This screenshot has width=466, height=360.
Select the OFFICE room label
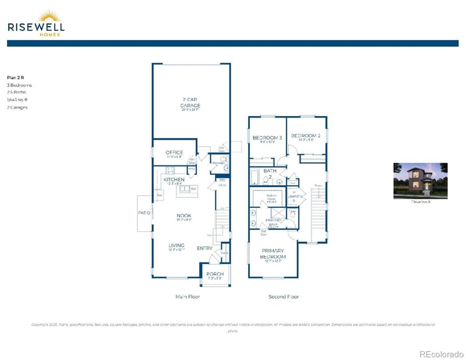pos(174,153)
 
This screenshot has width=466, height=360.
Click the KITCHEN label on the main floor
pos(174,180)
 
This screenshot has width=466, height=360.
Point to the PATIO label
pos(144,213)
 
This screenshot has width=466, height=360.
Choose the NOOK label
pos(184,216)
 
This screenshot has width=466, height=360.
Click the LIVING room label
pos(176,246)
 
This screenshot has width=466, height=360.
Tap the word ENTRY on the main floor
pos(204,249)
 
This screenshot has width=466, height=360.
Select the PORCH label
pos(215,274)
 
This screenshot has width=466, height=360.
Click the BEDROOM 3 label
pos(267,138)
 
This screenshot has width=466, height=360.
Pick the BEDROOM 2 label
pos(306,136)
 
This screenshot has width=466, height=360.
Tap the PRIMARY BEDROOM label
pos(273,254)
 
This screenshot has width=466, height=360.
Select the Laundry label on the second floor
pos(295,196)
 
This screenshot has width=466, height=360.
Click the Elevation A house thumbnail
pos(420,181)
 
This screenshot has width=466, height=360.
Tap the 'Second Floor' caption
pos(284,297)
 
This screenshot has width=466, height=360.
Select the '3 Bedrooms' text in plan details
pos(19,85)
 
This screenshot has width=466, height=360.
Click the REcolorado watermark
pos(441,353)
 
